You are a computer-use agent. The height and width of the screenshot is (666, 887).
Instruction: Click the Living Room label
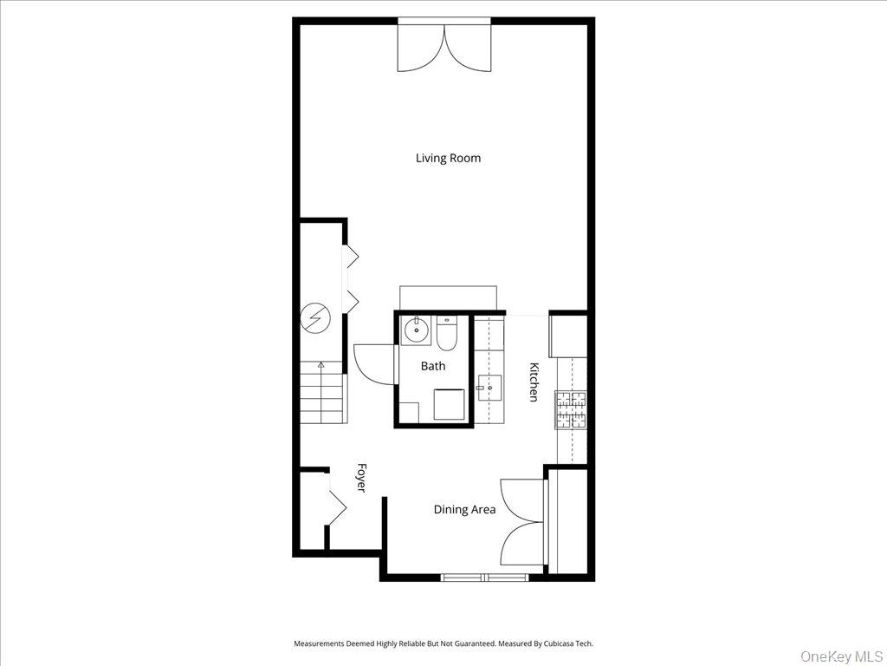click(448, 158)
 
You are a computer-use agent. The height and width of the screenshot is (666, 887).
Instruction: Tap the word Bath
click(433, 366)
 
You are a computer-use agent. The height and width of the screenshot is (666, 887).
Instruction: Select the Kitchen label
click(533, 382)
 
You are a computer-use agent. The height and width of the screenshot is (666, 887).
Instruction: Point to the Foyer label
click(361, 478)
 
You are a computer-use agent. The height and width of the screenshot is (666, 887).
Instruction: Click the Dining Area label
click(464, 509)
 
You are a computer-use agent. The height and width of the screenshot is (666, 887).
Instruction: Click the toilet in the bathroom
click(446, 333)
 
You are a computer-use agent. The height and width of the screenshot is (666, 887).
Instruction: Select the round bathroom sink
click(417, 330)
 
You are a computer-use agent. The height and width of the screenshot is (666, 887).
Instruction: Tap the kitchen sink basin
click(489, 388)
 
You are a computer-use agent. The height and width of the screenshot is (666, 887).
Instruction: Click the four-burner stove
click(572, 410)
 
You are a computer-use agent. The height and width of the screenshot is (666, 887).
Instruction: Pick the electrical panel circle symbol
click(314, 319)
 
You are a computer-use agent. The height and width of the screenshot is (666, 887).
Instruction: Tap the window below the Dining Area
click(485, 578)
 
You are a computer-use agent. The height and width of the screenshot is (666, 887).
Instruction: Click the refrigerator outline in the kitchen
click(568, 336)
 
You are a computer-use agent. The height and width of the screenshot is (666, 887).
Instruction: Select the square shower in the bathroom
click(450, 404)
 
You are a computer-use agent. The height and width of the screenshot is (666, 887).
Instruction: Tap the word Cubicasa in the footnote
click(560, 643)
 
